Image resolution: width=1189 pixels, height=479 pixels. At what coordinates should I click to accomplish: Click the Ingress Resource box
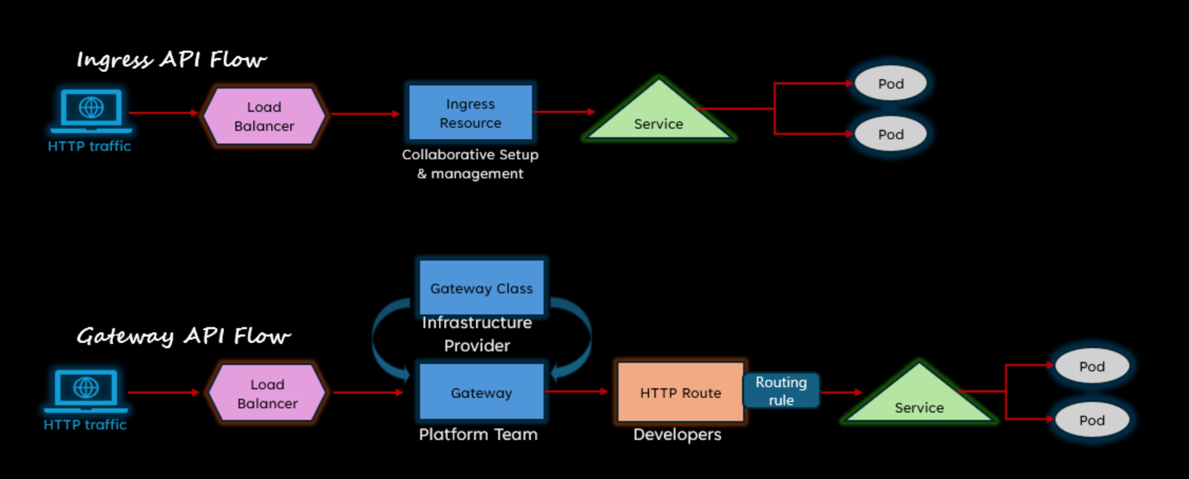pos(470,113)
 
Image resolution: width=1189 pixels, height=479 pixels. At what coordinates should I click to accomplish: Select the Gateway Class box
pos(481,288)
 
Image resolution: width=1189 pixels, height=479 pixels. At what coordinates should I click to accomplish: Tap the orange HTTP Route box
pos(680,392)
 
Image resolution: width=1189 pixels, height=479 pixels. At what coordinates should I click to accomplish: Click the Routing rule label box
pos(781,391)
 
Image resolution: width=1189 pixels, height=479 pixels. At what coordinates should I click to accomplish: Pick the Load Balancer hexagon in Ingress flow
pos(264,116)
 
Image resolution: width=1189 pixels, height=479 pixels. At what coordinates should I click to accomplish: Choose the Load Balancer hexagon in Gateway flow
pos(267,394)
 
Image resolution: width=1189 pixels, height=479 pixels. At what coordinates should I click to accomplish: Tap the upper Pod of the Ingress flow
pos(890,83)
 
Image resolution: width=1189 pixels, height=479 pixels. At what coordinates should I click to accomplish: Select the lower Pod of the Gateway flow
pos(1091,420)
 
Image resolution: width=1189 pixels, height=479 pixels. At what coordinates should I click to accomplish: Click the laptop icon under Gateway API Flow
pos(85,390)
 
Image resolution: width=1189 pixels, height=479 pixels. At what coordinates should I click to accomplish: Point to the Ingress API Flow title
pos(172,60)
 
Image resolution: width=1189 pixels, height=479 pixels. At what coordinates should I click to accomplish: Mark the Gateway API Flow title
pos(183,336)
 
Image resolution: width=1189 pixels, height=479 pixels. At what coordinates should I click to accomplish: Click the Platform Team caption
pos(478,435)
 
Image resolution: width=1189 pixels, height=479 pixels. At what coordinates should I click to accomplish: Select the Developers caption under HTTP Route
pos(677,435)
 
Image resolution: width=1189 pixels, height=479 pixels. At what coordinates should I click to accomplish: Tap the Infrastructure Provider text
pos(477,334)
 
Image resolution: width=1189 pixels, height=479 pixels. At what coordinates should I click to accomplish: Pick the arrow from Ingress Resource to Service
pos(564,112)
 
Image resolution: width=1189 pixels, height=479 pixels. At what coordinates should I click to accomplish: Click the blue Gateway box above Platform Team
pos(481,392)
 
